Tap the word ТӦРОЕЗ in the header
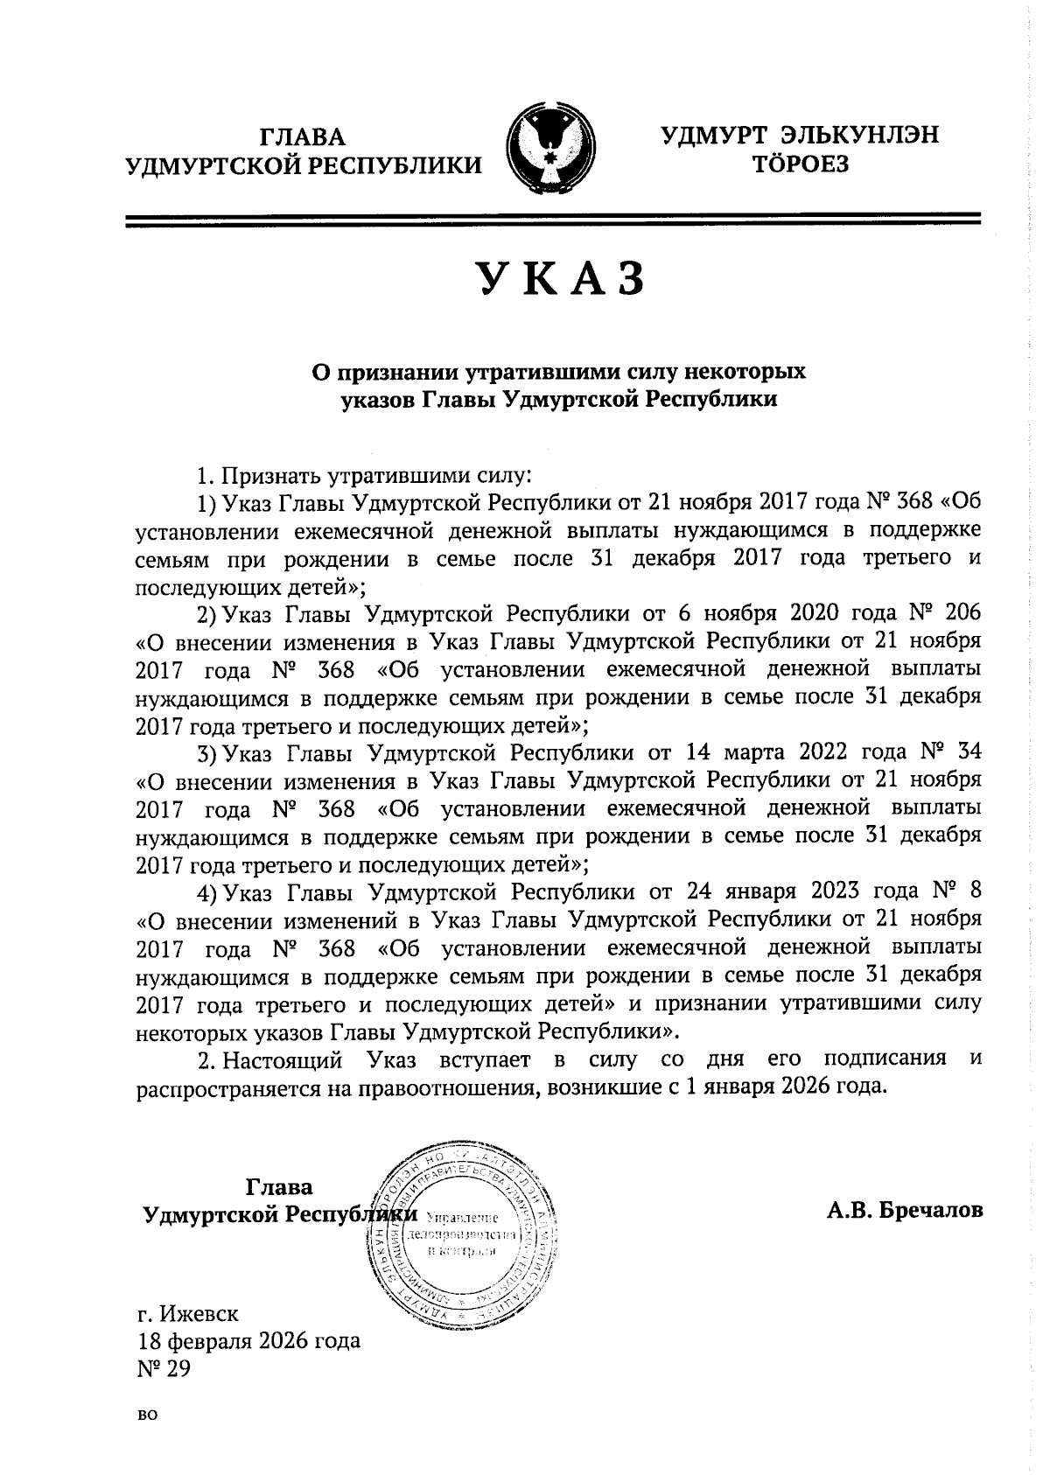(801, 164)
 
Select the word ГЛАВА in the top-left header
(303, 137)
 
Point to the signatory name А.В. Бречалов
(904, 1210)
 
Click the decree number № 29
(164, 1367)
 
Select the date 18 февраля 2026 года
(248, 1339)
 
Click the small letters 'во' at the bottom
(147, 1416)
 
